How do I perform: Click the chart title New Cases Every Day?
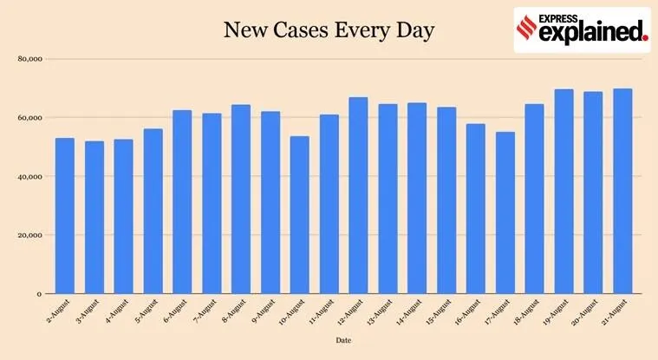click(329, 31)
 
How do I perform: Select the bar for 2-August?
click(65, 215)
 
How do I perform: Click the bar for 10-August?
click(299, 214)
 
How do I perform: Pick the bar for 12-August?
click(358, 195)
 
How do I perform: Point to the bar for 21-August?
click(622, 191)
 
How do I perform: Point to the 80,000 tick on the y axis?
click(30, 59)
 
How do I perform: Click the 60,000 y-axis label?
click(30, 118)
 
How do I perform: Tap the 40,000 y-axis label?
click(30, 177)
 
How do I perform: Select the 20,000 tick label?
click(30, 235)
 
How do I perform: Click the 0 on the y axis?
click(40, 294)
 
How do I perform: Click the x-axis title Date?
click(344, 341)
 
